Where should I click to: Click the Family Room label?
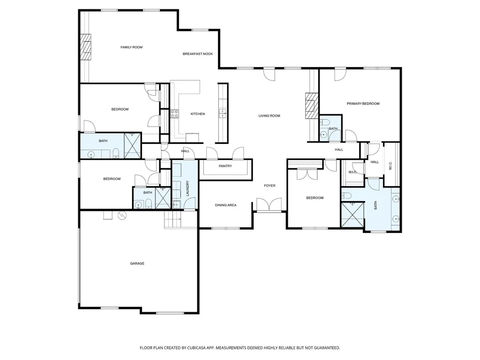pyautogui.click(x=131, y=47)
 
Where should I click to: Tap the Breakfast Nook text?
pyautogui.click(x=198, y=54)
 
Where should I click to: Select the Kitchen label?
pyautogui.click(x=198, y=114)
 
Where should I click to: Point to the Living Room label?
pyautogui.click(x=269, y=116)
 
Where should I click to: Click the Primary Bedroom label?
pyautogui.click(x=363, y=104)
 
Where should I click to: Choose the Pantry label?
pyautogui.click(x=225, y=166)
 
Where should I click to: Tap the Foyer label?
pyautogui.click(x=270, y=186)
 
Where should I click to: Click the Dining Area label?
pyautogui.click(x=225, y=205)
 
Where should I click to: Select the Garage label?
pyautogui.click(x=137, y=263)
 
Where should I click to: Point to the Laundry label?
pyautogui.click(x=187, y=188)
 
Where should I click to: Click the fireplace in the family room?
pyautogui.click(x=86, y=47)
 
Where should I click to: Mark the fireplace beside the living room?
pyautogui.click(x=312, y=106)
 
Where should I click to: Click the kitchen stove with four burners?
pyautogui.click(x=174, y=114)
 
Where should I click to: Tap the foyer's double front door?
pyautogui.click(x=269, y=204)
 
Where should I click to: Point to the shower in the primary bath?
pyautogui.click(x=352, y=215)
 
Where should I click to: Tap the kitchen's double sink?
pyautogui.click(x=223, y=113)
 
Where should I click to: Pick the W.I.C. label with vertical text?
pyautogui.click(x=390, y=165)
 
